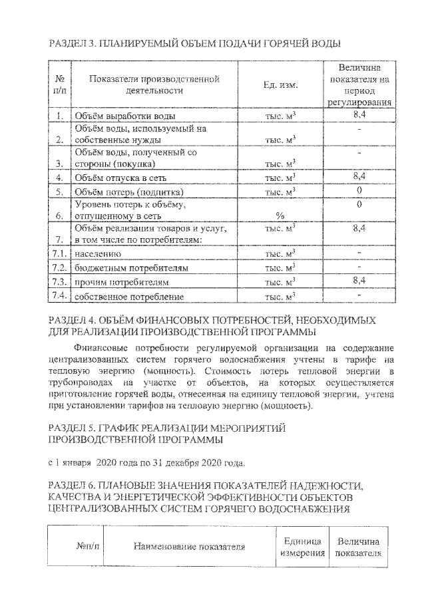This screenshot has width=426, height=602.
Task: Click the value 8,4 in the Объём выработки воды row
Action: [359, 114]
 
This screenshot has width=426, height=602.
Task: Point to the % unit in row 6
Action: [280, 216]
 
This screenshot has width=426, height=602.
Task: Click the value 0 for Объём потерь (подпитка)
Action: [359, 190]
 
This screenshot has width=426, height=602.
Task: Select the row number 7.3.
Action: [60, 281]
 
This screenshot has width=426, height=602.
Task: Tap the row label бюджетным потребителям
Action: [131, 268]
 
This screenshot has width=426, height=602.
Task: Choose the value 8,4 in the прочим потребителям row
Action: [359, 281]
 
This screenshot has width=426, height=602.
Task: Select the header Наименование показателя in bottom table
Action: [189, 547]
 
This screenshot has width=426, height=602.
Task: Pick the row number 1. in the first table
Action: [60, 116]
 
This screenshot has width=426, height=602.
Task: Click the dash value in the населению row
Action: [359, 253]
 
